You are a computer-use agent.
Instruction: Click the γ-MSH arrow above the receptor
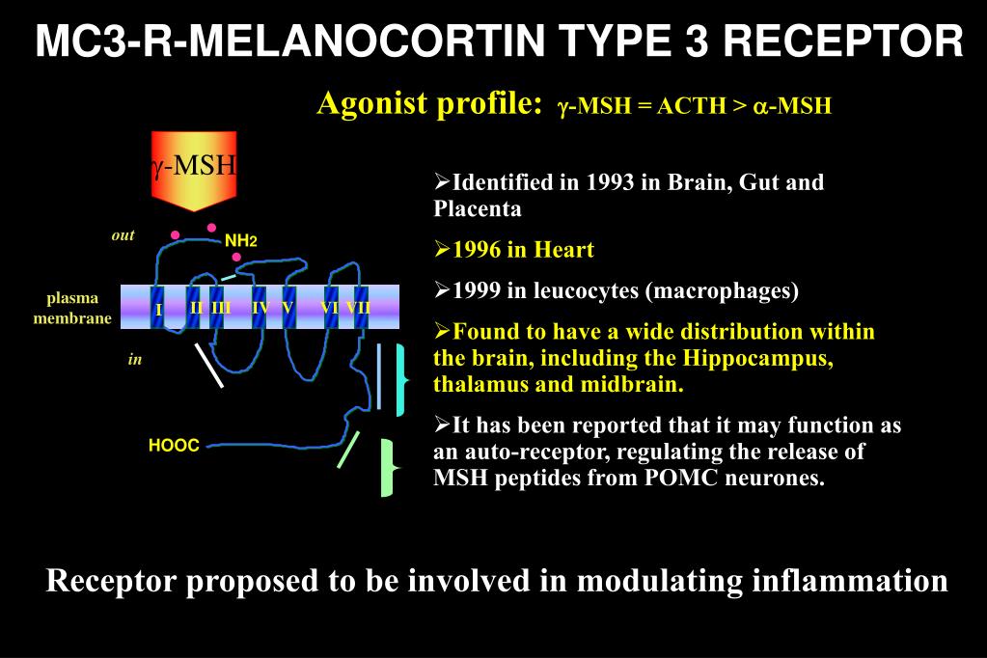[194, 169]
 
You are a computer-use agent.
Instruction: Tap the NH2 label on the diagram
[240, 240]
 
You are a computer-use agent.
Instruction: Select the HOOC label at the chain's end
[174, 446]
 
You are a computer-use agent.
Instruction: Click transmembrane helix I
[158, 308]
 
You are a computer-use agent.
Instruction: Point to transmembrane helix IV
[259, 308]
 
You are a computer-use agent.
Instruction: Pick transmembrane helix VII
[360, 308]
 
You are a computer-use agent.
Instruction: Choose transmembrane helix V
[288, 308]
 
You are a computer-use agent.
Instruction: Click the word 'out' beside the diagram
[123, 235]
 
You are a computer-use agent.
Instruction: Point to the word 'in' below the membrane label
[135, 360]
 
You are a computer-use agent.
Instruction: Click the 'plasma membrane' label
[72, 308]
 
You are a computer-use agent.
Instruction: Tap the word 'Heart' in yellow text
[563, 250]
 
